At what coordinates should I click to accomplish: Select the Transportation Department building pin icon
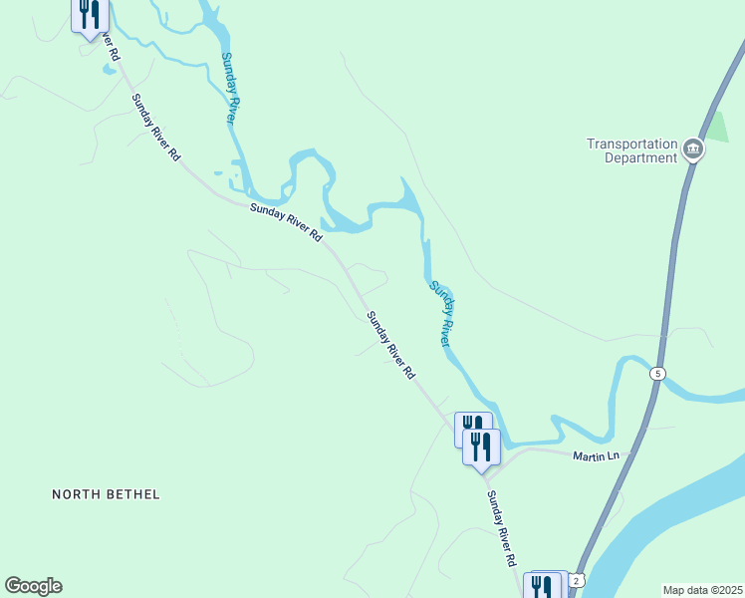693,151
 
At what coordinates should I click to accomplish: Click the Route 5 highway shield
657,374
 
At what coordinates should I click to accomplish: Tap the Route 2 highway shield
579,579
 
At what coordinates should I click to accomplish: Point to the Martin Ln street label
597,456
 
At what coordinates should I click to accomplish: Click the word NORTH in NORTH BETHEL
77,494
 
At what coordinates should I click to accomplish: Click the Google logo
33,586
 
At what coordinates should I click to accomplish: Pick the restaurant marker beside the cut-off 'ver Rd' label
91,14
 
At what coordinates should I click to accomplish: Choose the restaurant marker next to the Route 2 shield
543,586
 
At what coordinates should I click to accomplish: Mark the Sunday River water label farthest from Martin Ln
228,87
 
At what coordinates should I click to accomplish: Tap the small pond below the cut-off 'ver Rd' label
107,69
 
